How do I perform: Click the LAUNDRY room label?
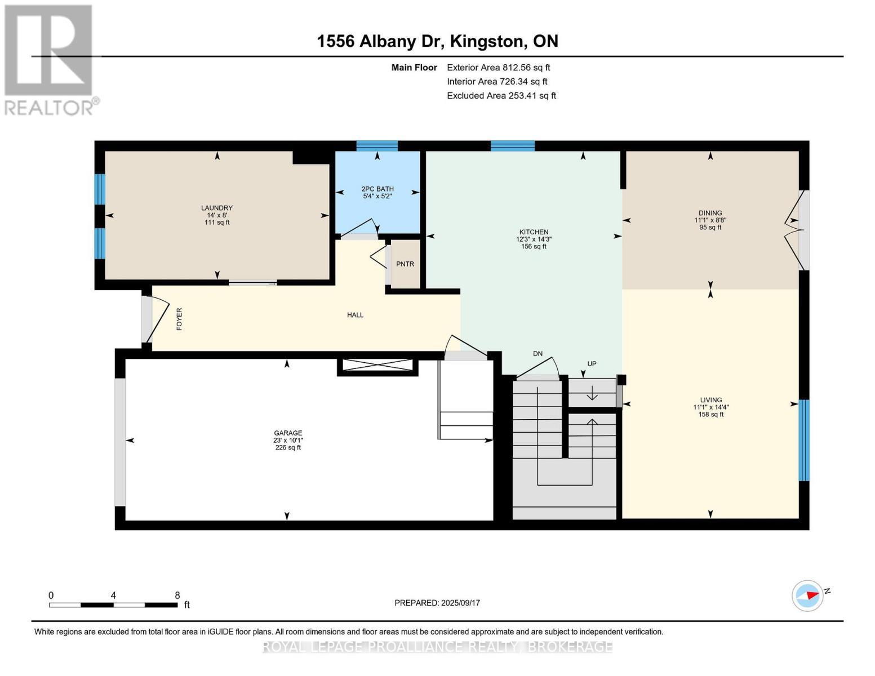point(217,208)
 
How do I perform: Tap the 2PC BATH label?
point(377,189)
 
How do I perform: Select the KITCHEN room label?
point(534,232)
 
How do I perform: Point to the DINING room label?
point(710,213)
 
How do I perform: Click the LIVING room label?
point(708,400)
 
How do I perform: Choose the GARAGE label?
point(288,433)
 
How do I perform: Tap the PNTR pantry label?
point(405,264)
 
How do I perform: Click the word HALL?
point(355,315)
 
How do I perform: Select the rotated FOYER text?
point(179,319)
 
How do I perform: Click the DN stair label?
point(538,354)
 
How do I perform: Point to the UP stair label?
point(592,364)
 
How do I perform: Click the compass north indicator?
point(808,595)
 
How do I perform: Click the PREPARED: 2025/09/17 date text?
point(437,603)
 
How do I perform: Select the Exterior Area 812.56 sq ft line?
point(498,68)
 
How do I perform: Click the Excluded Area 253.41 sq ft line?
point(501,96)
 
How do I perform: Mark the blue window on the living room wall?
point(804,440)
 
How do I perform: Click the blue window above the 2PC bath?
point(377,145)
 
